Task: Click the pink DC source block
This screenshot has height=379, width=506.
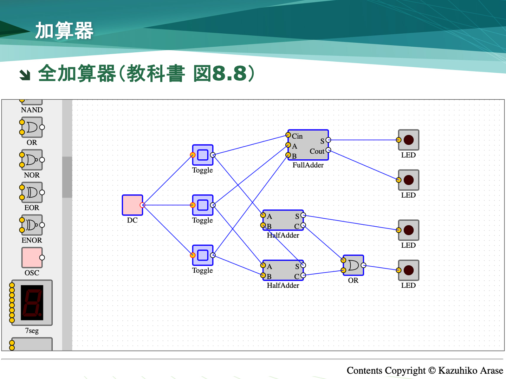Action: pos(132,205)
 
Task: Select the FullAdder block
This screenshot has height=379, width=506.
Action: pos(308,145)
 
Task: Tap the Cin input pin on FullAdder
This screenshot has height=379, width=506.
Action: pos(288,135)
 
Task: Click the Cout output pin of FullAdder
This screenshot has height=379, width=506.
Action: pos(328,150)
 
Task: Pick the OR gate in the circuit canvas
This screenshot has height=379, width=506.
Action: pos(353,265)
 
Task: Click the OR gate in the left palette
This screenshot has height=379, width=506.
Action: pos(32,127)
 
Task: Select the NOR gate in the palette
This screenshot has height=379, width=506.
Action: pos(32,160)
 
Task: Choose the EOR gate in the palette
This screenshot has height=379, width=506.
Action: pos(32,192)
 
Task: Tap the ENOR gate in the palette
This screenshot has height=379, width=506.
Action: pos(32,225)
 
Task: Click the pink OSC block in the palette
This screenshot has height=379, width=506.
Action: pos(32,258)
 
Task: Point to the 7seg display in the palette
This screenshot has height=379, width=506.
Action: pos(32,302)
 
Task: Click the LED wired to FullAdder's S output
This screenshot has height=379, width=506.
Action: pos(408,140)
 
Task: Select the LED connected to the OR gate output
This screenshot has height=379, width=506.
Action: pos(408,270)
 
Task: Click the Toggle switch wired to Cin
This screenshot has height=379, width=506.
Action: pos(203,155)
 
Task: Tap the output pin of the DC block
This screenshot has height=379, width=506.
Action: pos(142,205)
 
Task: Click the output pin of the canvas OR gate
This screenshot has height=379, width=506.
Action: pos(363,265)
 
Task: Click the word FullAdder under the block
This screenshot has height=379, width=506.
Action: pos(308,165)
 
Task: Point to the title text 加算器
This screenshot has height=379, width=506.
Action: pos(64,31)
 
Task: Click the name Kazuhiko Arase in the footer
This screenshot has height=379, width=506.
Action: pos(471,371)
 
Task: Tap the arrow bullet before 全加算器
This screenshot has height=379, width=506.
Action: pos(25,74)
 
